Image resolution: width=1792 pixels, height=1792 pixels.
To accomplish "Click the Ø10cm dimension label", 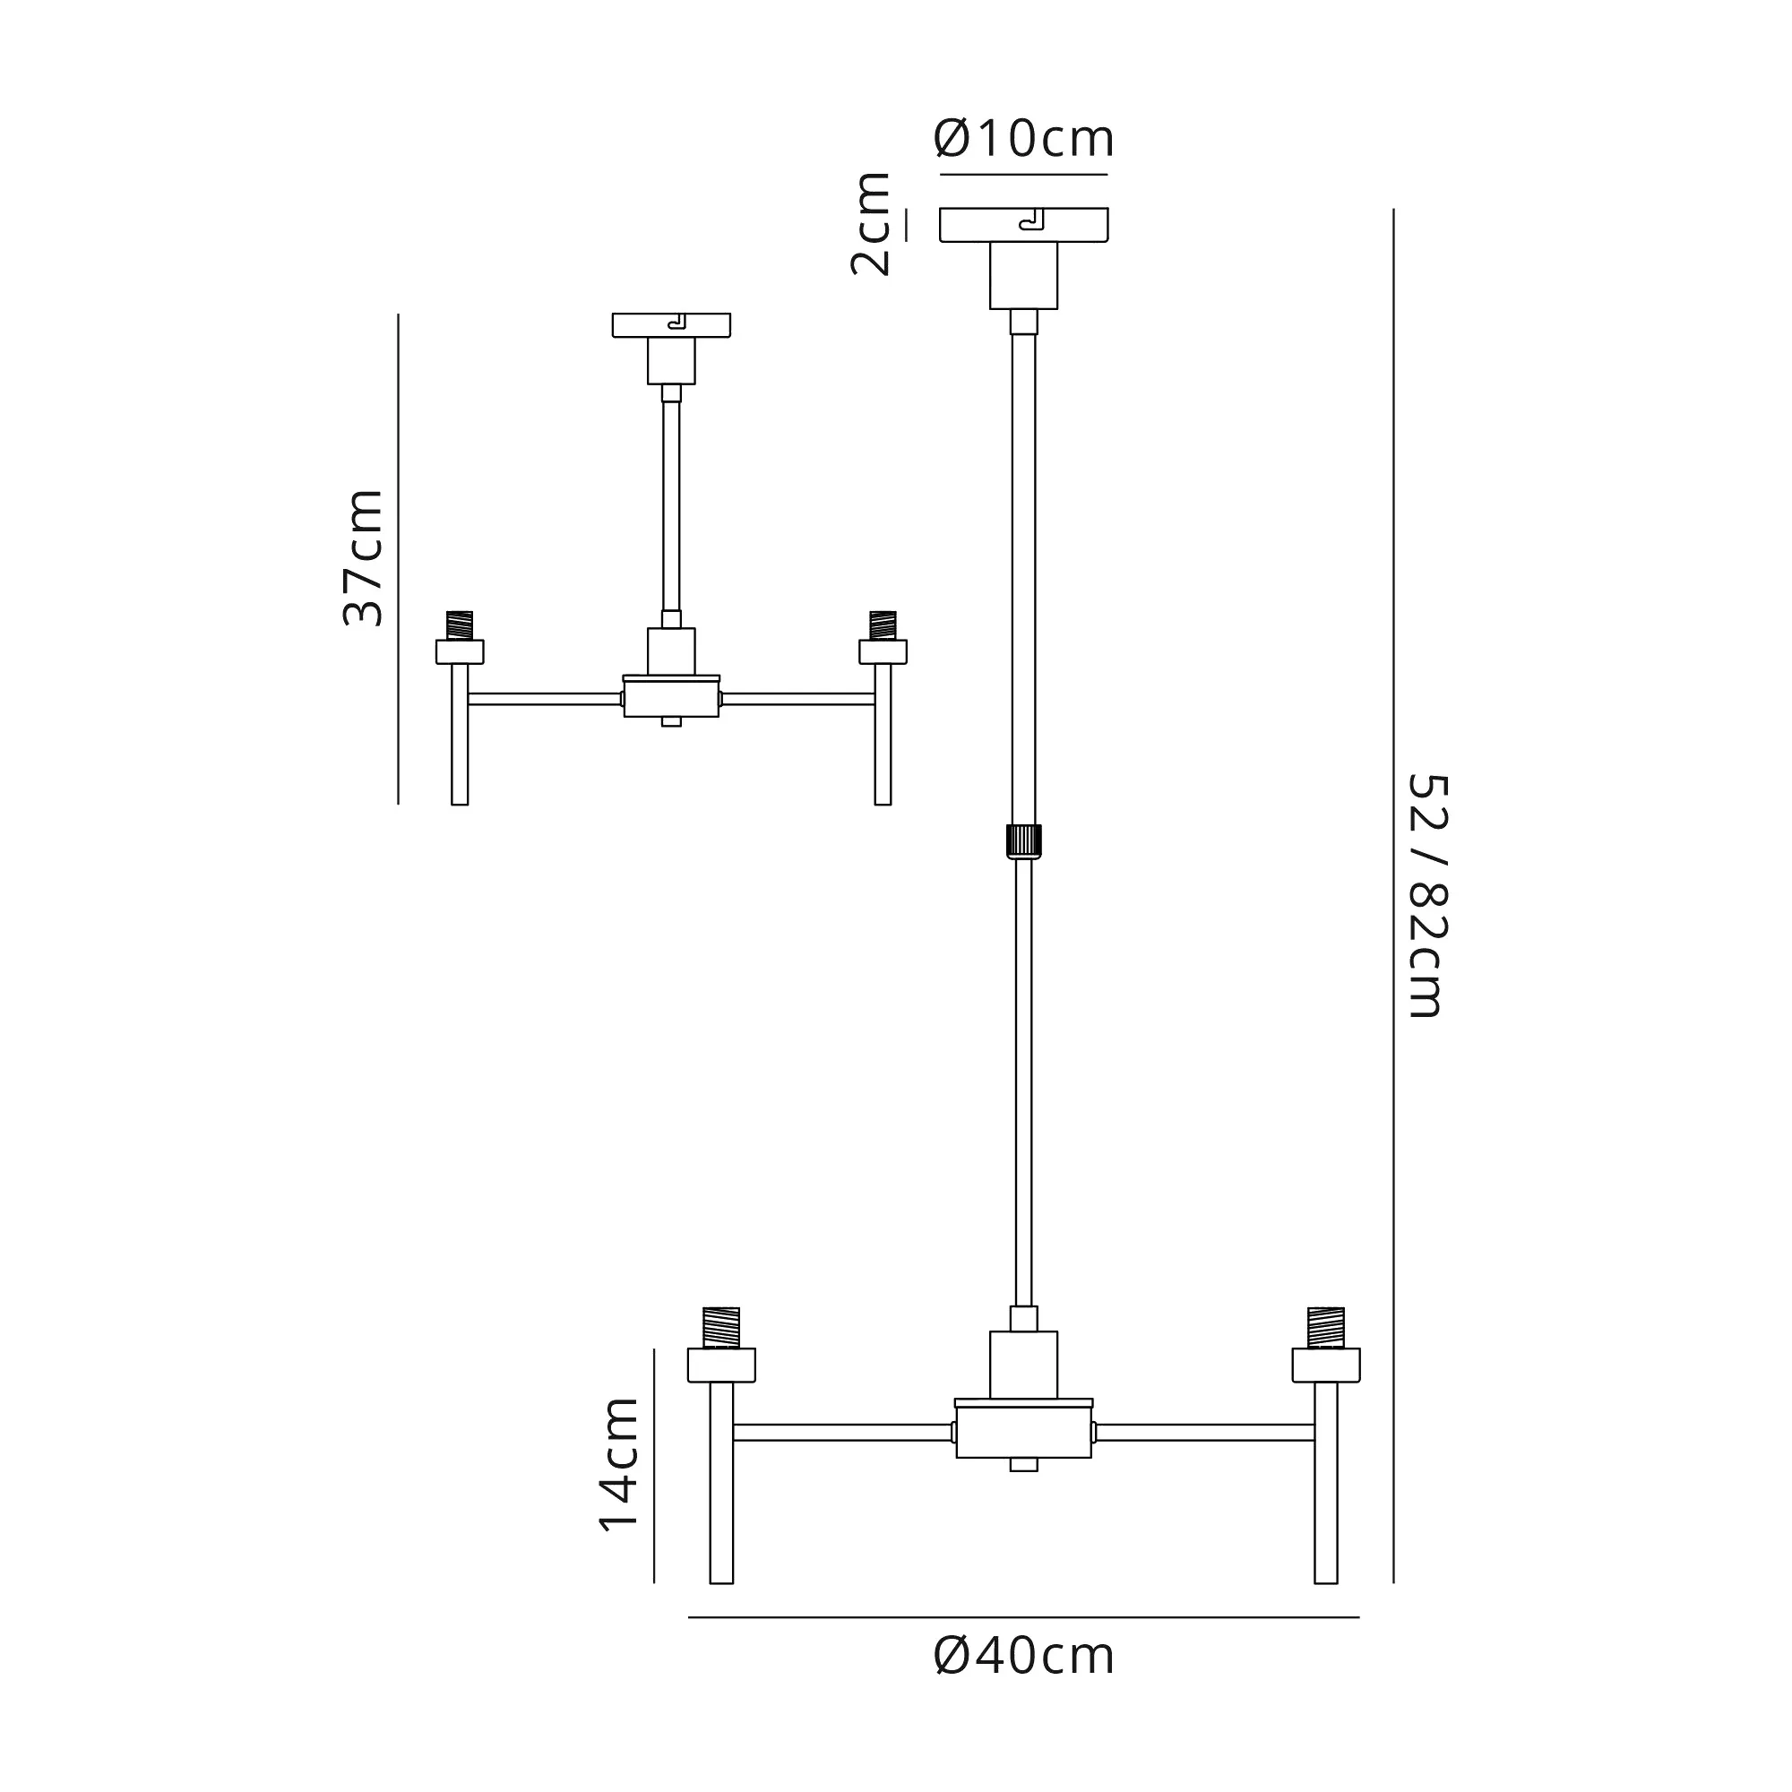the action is click(x=1024, y=139).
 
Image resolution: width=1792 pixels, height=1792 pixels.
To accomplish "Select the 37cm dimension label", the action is click(x=363, y=557).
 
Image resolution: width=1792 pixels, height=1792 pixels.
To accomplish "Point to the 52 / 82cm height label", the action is click(x=1427, y=896).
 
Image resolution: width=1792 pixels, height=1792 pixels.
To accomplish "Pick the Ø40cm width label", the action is click(x=1024, y=1683).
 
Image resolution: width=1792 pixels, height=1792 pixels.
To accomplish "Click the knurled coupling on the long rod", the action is click(x=1024, y=841).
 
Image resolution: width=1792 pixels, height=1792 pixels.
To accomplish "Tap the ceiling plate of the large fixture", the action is click(x=1024, y=225).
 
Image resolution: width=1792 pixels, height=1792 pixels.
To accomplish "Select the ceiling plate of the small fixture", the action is click(x=671, y=325).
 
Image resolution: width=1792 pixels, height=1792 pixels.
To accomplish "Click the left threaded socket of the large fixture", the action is click(x=721, y=1327).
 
